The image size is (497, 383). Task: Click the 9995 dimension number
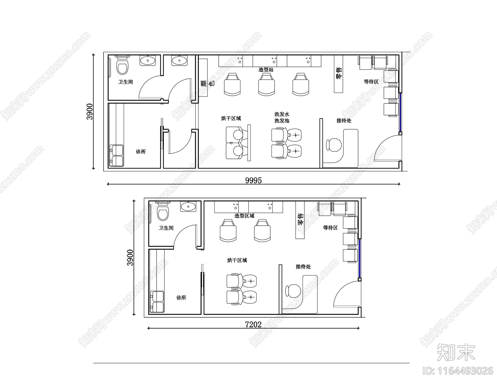point(253,180)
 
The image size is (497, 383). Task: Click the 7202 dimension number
point(253,325)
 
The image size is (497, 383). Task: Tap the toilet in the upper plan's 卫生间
point(122,67)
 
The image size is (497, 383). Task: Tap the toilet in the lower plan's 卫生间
point(163,214)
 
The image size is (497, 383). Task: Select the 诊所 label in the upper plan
point(141,152)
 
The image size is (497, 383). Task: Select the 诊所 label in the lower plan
point(181,298)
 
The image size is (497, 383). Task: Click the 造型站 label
point(266,70)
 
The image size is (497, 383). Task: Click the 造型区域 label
point(244,216)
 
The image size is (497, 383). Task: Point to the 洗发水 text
point(282,114)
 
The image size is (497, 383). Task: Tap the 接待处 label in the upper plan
point(344,121)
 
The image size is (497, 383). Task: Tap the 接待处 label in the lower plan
point(303,267)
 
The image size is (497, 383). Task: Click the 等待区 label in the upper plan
point(371,82)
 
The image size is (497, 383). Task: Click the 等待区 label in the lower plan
point(330,228)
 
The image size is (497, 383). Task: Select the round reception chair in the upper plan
point(334,145)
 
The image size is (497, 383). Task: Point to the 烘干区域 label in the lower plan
point(237,261)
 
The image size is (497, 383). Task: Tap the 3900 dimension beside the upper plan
point(90,112)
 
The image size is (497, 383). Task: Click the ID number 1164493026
point(458,371)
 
